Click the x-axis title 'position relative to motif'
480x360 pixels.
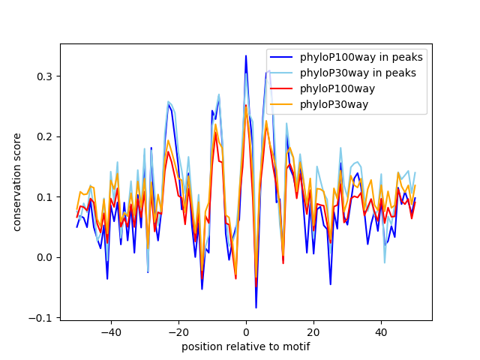246,346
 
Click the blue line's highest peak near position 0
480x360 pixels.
246,55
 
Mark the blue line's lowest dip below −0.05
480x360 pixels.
256,307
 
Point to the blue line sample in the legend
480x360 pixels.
283,57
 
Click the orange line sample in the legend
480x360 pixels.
283,104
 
